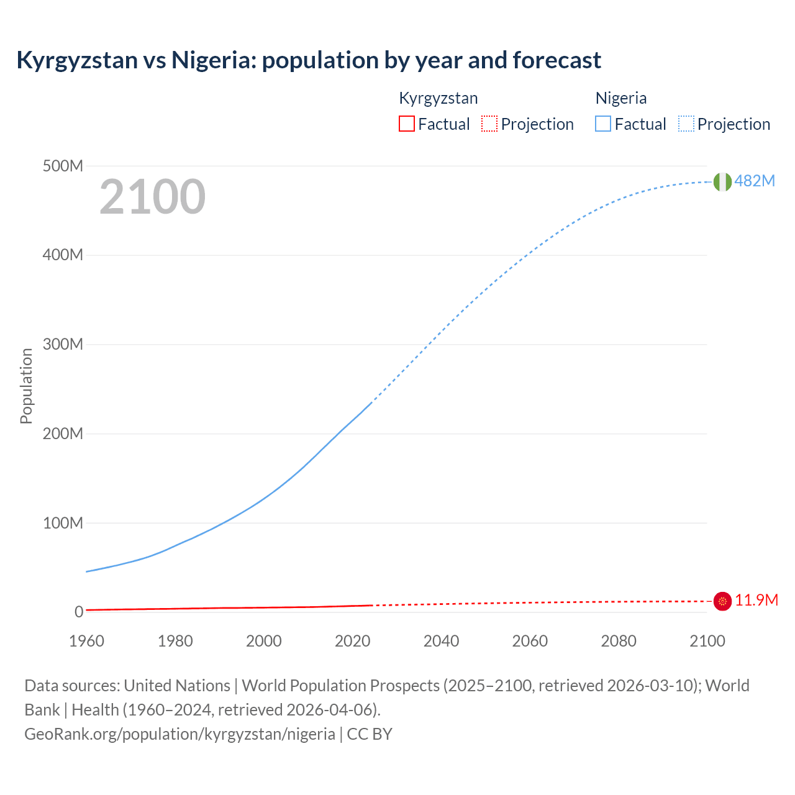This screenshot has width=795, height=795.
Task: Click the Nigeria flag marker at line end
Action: click(x=722, y=181)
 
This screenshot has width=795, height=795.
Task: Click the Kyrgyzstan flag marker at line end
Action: click(x=722, y=601)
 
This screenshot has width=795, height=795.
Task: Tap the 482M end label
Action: click(x=755, y=181)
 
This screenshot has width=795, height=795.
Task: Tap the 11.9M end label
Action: click(x=756, y=600)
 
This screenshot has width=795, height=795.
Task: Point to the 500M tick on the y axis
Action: click(x=63, y=166)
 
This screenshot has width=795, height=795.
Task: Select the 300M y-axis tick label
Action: click(x=63, y=344)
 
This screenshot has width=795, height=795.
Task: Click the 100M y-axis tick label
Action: click(x=63, y=523)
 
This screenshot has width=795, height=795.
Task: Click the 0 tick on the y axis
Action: click(x=79, y=612)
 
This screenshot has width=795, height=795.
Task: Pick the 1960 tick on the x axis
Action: click(x=86, y=641)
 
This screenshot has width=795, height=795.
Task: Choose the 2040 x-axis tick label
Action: click(x=441, y=641)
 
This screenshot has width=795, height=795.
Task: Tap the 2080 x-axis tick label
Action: click(x=619, y=641)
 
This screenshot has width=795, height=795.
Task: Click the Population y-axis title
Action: click(x=26, y=386)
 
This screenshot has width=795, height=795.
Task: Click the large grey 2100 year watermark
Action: click(x=152, y=197)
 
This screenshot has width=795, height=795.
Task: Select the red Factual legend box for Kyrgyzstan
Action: click(x=407, y=124)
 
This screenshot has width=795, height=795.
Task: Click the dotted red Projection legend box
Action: click(x=489, y=124)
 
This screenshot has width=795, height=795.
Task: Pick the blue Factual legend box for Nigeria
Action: click(x=603, y=124)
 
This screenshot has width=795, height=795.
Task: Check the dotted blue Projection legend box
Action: click(x=686, y=124)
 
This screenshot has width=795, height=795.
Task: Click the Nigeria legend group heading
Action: click(x=621, y=98)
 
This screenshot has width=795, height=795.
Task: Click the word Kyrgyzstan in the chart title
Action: click(x=77, y=60)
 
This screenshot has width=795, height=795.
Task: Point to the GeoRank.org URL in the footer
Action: click(x=179, y=734)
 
